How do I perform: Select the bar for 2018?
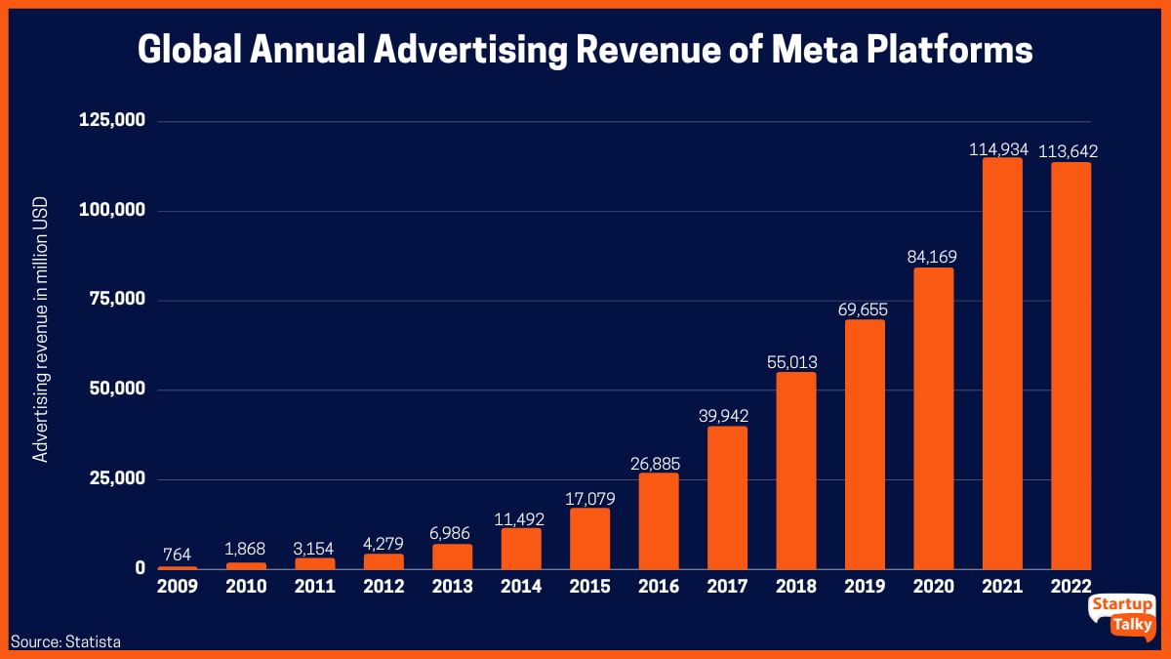point(796,471)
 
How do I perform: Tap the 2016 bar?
point(659,520)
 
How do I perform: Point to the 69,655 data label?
point(865,309)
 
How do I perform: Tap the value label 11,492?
point(521,517)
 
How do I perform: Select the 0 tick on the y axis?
point(141,567)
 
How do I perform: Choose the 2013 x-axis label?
point(452,587)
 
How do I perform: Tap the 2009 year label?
point(178,587)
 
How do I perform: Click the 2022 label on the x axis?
point(1071,587)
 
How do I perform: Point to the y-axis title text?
point(41,332)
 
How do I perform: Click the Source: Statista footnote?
point(66,641)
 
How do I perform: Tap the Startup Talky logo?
point(1122,616)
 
